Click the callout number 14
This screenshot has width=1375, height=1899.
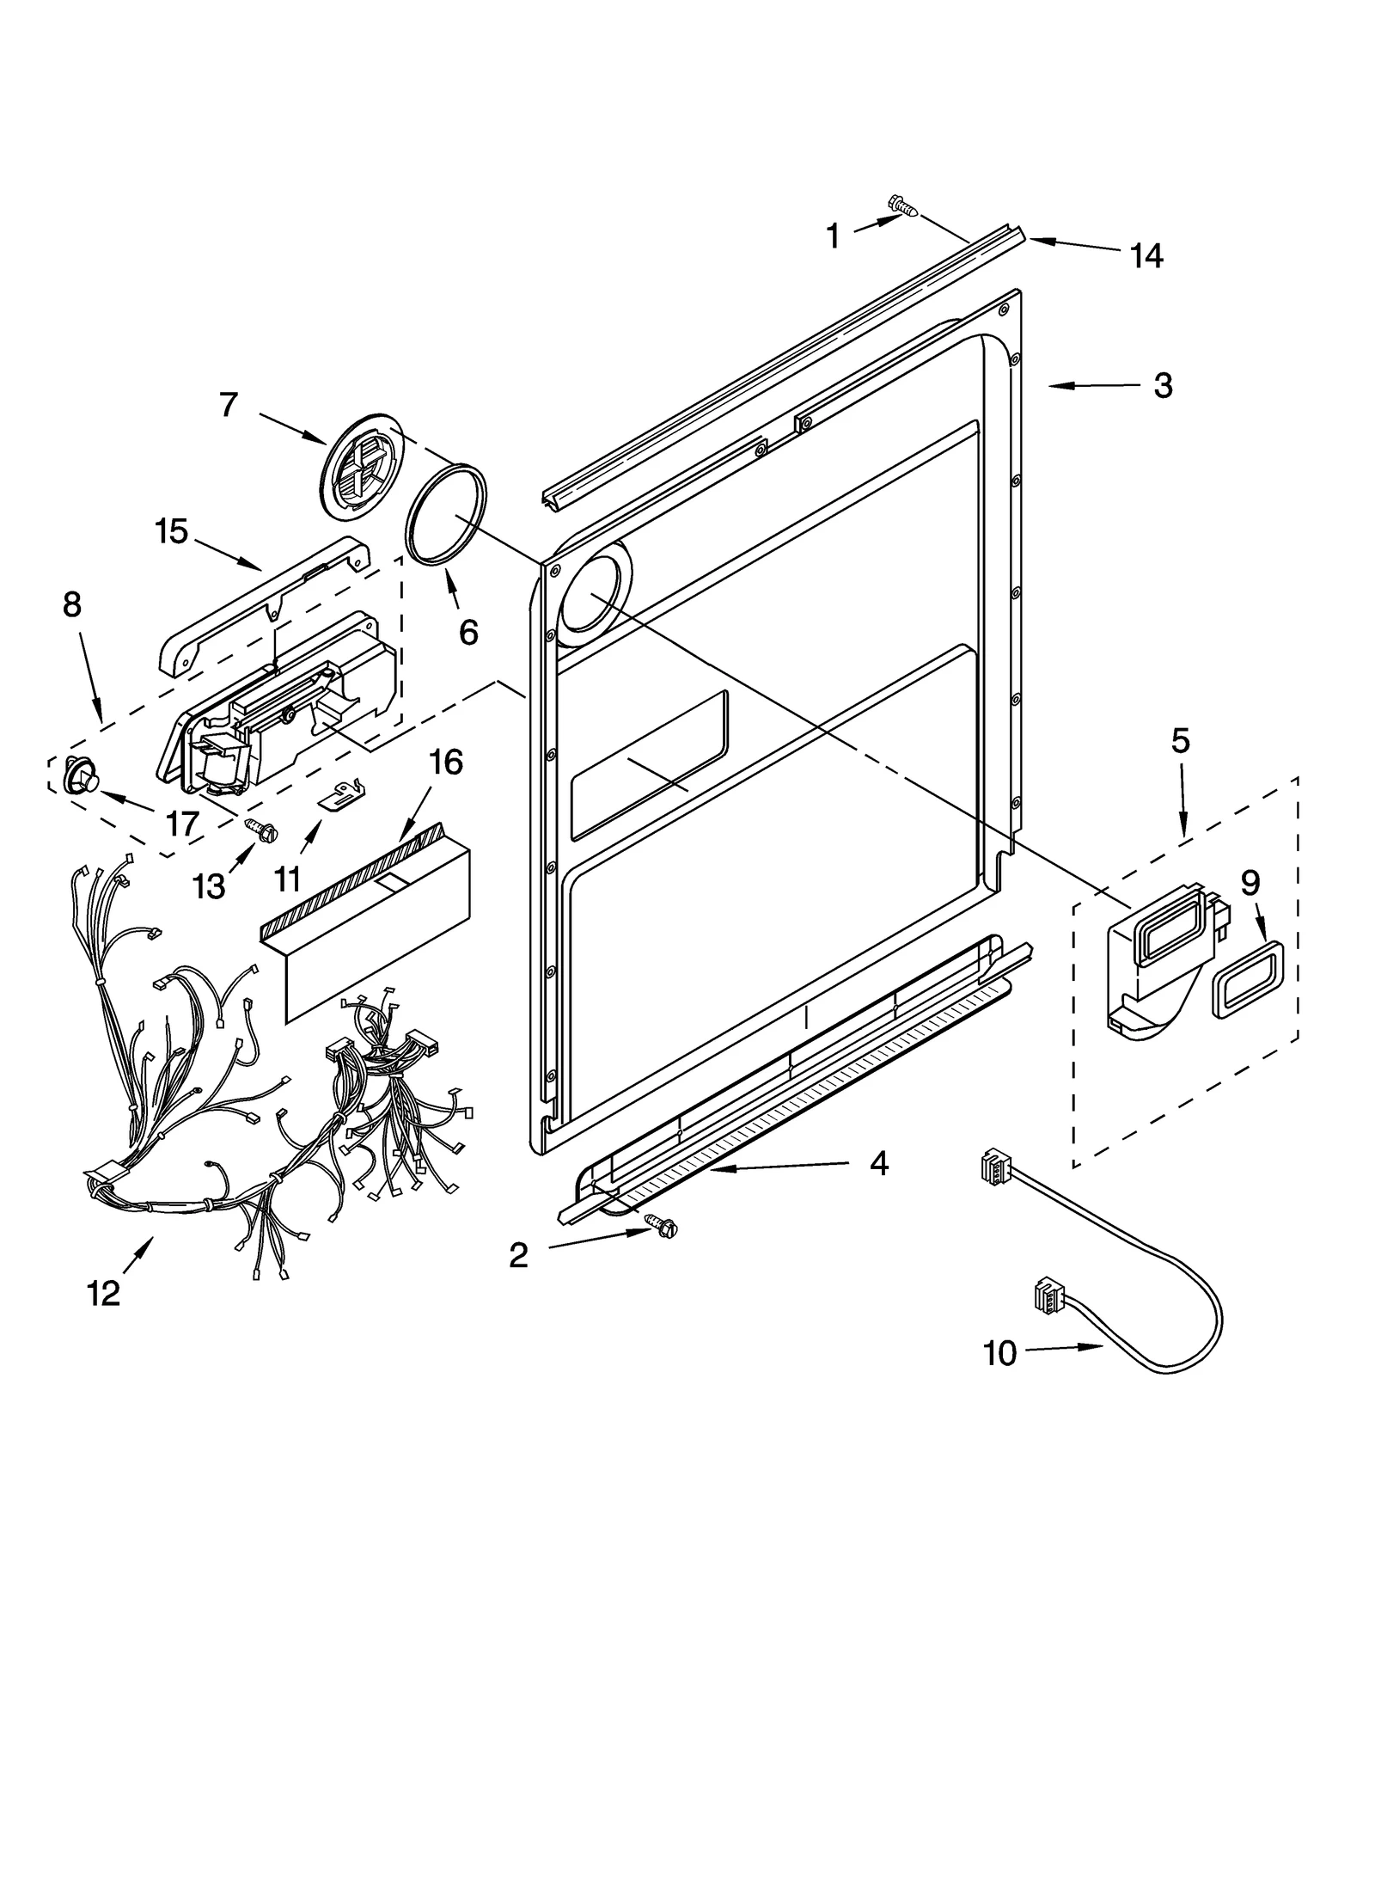pyautogui.click(x=1146, y=256)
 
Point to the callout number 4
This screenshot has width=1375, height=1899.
pyautogui.click(x=878, y=1163)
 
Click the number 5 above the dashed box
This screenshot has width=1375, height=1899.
pyautogui.click(x=1180, y=740)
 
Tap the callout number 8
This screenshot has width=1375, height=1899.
pyautogui.click(x=72, y=605)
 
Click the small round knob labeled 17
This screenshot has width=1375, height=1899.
pyautogui.click(x=81, y=775)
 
